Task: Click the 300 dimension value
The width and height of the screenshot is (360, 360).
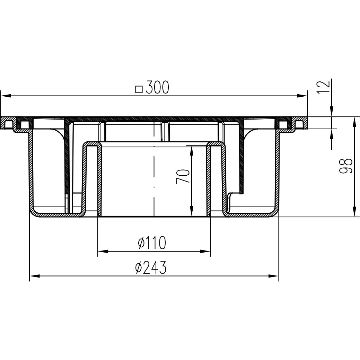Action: point(158,87)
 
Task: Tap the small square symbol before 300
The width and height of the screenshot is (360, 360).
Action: point(139,89)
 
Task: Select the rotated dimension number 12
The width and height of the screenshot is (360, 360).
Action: point(324,87)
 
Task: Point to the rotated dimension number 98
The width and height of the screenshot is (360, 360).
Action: point(346,166)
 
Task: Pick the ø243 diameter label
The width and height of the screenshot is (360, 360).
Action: point(151,267)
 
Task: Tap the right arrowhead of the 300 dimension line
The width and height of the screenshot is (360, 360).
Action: point(302,96)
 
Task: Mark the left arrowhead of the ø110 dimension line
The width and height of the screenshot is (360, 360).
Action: point(103,252)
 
